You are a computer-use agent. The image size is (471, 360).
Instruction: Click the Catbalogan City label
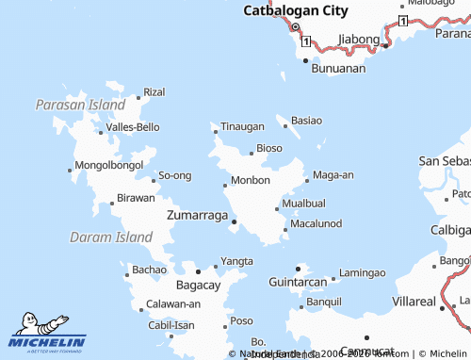click(x=296, y=11)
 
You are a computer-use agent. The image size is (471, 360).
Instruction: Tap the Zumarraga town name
click(x=197, y=215)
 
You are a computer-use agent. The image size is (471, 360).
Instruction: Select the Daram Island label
click(x=110, y=237)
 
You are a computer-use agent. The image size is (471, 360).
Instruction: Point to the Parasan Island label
click(x=80, y=105)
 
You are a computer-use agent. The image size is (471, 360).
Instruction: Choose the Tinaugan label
click(x=242, y=126)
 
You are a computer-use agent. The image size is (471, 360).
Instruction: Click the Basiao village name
click(x=306, y=121)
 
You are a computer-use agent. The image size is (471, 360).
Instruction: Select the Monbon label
click(x=251, y=180)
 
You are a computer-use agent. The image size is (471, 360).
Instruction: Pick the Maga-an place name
click(x=333, y=174)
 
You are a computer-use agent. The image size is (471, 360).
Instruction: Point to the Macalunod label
click(x=316, y=223)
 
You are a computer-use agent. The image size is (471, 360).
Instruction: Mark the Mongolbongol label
click(x=103, y=165)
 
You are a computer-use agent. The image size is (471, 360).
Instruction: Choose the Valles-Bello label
click(x=133, y=126)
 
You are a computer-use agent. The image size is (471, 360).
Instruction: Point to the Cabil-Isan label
click(x=171, y=325)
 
